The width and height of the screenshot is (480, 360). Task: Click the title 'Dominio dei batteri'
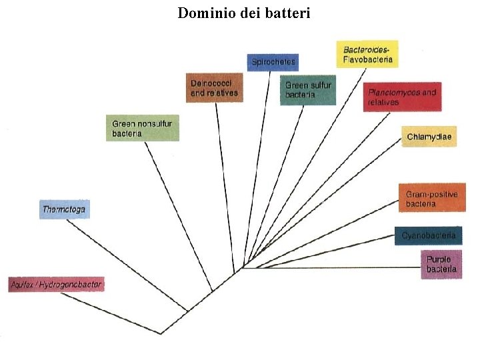pos(244,13)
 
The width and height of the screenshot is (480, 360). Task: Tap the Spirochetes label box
pos(272,62)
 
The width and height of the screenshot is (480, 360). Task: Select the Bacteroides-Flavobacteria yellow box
pos(367,54)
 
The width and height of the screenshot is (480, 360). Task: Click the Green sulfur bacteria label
pos(307,90)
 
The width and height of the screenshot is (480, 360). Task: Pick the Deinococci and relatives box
pos(215,87)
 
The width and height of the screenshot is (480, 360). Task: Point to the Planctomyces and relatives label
pos(403,97)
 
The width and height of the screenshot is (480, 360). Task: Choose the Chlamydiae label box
pos(429,137)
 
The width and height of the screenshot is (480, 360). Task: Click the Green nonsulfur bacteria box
pos(143,128)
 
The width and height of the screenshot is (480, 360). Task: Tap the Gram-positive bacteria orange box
pos(432,198)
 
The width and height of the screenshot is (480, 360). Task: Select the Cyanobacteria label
pos(428,235)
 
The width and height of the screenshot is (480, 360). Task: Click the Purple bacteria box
pos(441,264)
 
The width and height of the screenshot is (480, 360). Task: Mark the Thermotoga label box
pos(63,209)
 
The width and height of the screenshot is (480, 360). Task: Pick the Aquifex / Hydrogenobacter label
pos(57,285)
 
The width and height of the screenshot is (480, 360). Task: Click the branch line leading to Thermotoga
pos(127,265)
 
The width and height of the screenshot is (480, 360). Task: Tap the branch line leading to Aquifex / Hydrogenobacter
pos(110,313)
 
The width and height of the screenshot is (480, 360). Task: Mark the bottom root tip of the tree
pos(161,333)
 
